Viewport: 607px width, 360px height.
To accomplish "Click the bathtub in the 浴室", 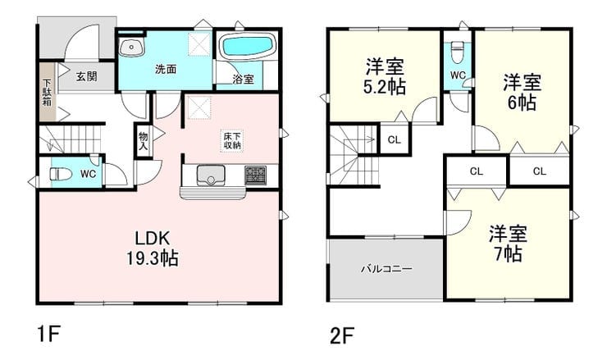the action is pos(248,47).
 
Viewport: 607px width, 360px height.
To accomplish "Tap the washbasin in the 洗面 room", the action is pos(131,48).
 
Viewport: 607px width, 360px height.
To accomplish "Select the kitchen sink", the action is pos(211,175).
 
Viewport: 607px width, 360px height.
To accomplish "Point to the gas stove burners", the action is pos(255,175).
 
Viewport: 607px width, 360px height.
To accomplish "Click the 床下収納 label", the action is pos(232,141).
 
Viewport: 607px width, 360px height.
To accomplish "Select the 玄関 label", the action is pos(86,76).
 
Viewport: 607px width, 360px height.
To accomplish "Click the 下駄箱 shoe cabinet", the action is pos(48,91).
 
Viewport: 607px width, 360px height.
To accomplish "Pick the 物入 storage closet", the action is pos(143,140).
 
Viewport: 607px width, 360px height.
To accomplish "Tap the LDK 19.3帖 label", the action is pos(152,248).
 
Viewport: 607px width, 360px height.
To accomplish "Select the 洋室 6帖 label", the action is pos(522,92).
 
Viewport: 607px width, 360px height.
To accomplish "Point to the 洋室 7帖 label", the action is pos(508,244).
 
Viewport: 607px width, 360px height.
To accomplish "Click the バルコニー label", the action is pos(386,268).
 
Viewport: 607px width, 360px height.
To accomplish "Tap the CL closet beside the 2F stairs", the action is pos(394,139).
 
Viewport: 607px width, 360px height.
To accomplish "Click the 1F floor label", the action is pos(48,335).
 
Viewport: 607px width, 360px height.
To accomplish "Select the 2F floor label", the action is pos(343,335).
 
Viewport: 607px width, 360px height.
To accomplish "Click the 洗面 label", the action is pos(166,69).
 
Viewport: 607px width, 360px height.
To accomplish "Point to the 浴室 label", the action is pos(243,80).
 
